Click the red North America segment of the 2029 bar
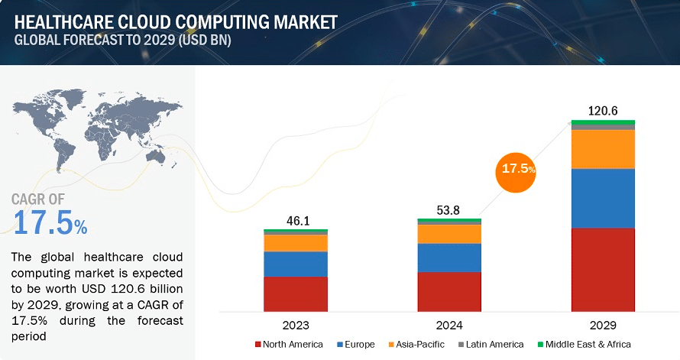603,270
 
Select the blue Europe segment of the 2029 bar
603,198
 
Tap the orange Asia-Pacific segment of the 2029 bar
603,149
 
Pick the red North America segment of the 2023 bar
296,294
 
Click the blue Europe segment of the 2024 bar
449,258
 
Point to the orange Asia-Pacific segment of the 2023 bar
296,243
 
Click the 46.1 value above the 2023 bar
298,221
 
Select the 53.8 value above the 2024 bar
448,210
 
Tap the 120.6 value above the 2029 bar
603,111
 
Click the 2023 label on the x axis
296,326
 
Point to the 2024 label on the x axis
449,326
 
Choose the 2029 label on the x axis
603,326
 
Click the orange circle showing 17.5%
516,172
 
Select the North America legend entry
290,345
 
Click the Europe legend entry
356,345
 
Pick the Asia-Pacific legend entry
416,345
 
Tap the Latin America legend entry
491,345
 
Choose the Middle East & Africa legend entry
584,345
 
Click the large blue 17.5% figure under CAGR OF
50,222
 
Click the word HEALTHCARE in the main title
63,22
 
